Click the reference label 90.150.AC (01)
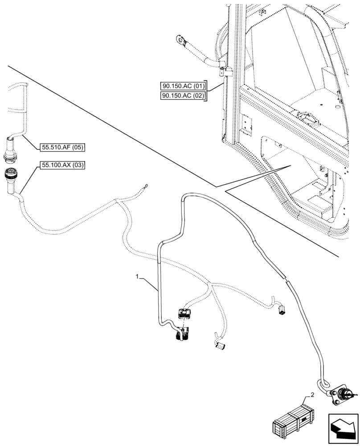click(183, 86)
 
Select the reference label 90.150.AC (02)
click(183, 96)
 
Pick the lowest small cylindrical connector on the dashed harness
click(219, 345)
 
